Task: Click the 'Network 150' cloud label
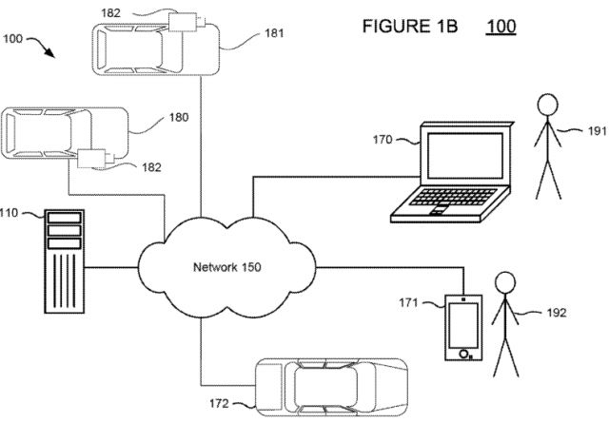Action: click(228, 266)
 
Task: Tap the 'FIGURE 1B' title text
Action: click(410, 25)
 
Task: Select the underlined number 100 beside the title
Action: click(501, 25)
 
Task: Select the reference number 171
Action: click(407, 303)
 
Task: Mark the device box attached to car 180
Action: click(93, 158)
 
